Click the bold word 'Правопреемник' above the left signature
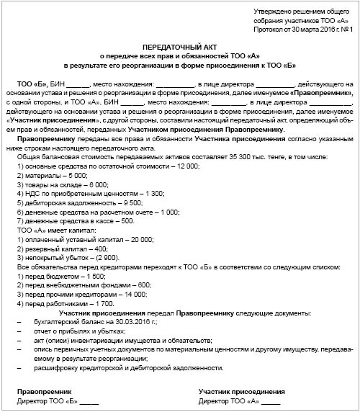point(42,390)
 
